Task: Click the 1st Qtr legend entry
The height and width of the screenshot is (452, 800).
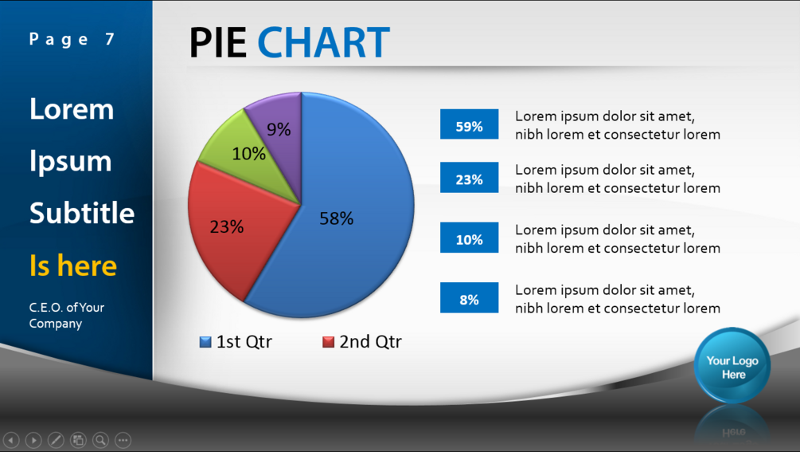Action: tap(236, 342)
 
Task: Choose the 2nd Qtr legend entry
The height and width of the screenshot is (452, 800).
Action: tap(362, 342)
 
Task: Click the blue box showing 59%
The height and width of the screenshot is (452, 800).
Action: tap(469, 125)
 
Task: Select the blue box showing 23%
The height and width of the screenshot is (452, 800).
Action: tap(469, 179)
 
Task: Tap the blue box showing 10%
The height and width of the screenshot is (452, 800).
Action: tap(469, 238)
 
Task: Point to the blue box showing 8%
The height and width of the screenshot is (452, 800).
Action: tap(469, 299)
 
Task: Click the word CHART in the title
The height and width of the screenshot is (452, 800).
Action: tap(323, 43)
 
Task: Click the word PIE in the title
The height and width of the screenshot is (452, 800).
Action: tap(217, 43)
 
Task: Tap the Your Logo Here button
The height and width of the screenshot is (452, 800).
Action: tap(732, 367)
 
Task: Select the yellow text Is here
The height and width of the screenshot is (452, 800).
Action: tap(73, 265)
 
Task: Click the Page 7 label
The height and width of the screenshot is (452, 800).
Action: tap(72, 39)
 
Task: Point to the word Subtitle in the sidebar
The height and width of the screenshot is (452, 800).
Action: tap(82, 214)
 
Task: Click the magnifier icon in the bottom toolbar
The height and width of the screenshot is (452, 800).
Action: tap(100, 439)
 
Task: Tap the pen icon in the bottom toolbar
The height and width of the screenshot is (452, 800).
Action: tap(56, 439)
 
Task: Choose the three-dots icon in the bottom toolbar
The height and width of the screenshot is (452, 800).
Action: tap(123, 439)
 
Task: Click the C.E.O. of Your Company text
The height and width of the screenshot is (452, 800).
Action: tap(67, 316)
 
